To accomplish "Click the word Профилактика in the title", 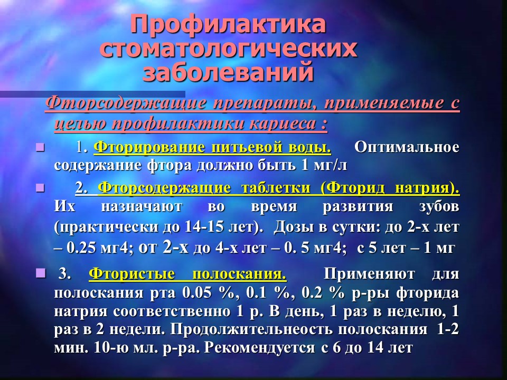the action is coord(228,25).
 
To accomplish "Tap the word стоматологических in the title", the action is coord(228,49).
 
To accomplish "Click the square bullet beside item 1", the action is coord(41,148).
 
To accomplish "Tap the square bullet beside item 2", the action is coord(41,188).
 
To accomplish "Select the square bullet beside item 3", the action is coord(41,273).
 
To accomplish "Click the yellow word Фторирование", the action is coord(149,148).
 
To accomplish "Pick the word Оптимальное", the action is coord(407,147).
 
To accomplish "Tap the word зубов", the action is coord(439,206).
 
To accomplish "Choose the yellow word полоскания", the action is coord(239,274).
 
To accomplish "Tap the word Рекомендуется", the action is coord(260,348).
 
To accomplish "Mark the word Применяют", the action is coord(369,274).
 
